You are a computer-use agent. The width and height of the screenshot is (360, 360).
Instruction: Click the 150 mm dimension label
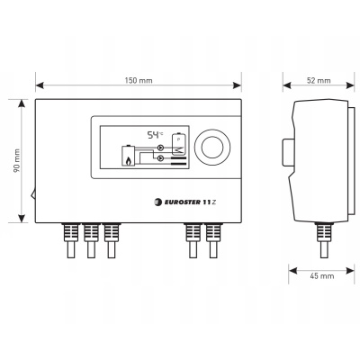pyautogui.click(x=139, y=80)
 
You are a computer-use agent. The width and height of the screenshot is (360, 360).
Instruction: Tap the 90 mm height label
pyautogui.click(x=16, y=160)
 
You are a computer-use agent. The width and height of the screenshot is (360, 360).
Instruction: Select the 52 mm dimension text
pyautogui.click(x=319, y=80)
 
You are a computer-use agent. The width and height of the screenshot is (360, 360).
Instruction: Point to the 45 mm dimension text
pyautogui.click(x=321, y=275)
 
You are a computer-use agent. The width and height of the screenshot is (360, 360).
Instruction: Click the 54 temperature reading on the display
pyautogui.click(x=153, y=135)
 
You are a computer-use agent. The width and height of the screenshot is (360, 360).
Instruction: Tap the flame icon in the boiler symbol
pyautogui.click(x=129, y=161)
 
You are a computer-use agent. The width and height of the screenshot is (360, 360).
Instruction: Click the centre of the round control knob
pyautogui.click(x=212, y=148)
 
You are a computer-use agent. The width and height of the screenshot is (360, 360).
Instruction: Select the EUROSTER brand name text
pyautogui.click(x=182, y=202)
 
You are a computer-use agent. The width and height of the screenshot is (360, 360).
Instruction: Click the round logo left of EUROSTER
pyautogui.click(x=157, y=202)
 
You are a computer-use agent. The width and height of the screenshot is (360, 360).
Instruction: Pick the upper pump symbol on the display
pyautogui.click(x=161, y=148)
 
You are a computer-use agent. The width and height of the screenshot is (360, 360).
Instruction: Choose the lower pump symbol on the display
pyautogui.click(x=161, y=157)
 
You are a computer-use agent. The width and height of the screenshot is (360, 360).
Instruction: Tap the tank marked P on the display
pyautogui.click(x=178, y=143)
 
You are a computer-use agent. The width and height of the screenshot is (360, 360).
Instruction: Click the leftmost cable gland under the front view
pyautogui.click(x=70, y=240)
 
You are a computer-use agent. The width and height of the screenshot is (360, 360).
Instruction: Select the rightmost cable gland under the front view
pyautogui.click(x=213, y=240)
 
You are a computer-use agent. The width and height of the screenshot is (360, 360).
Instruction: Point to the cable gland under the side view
pyautogui.click(x=324, y=240)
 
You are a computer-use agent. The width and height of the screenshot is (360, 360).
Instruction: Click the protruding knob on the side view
pyautogui.click(x=288, y=152)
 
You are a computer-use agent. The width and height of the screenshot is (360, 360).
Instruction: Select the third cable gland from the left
pyautogui.click(x=112, y=240)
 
